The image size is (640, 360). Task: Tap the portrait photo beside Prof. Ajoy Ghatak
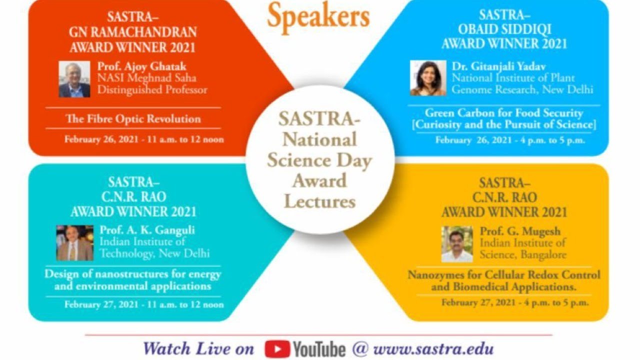point(74,79)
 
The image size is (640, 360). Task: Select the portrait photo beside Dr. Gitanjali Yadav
point(428,78)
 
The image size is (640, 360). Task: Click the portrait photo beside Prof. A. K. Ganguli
point(74,243)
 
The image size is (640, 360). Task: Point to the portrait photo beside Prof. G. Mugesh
point(456,244)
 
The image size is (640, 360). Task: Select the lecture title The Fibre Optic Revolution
point(133,119)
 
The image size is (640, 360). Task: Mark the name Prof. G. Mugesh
point(520,231)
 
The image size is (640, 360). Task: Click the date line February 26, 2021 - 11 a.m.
point(144,139)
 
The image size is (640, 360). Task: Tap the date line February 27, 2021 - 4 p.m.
point(515,302)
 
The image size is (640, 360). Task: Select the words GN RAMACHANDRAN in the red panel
point(132,32)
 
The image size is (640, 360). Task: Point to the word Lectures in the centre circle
point(320,201)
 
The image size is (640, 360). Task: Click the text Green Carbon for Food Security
point(504,113)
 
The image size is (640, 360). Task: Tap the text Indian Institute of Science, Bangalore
point(523,248)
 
